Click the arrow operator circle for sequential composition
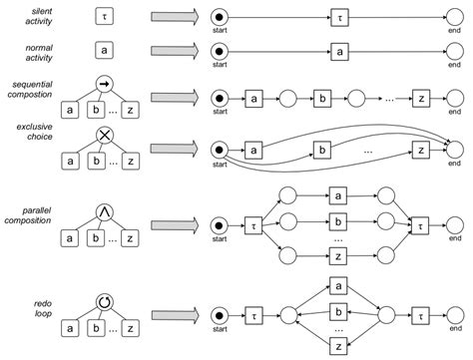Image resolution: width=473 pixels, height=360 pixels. tap(106, 86)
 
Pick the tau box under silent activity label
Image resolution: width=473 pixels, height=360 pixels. tap(106, 16)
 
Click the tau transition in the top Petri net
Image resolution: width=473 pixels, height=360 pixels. tap(339, 18)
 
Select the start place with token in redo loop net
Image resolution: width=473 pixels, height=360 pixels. tap(219, 313)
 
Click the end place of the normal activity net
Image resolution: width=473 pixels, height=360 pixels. tap(455, 50)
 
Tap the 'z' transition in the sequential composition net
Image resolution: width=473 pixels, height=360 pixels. tap(421, 99)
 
